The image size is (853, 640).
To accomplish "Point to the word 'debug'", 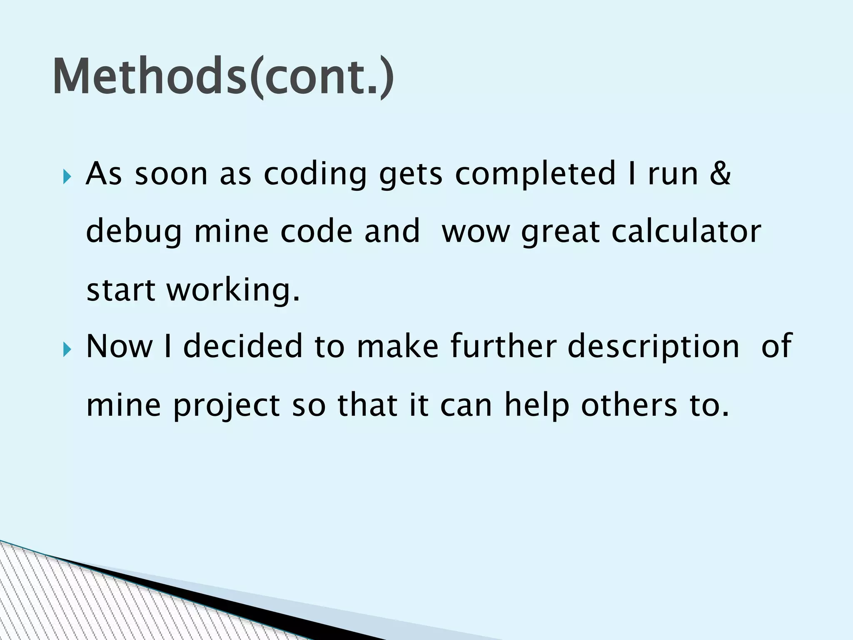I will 134,232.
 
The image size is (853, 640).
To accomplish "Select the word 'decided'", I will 243,346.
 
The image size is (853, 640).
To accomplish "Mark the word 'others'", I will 629,405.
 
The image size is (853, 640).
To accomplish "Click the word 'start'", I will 120,290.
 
